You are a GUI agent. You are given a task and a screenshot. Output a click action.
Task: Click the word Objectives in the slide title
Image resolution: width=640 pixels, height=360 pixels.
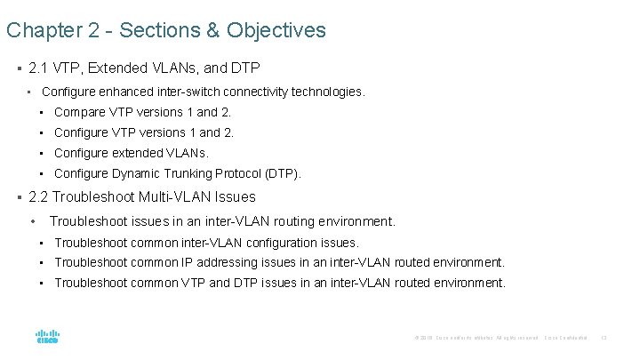[x=276, y=31]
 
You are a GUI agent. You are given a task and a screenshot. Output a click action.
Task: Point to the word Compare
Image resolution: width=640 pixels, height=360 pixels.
[x=80, y=112]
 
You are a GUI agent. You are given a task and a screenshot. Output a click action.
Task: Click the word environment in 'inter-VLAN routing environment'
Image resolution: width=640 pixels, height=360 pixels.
[x=353, y=221]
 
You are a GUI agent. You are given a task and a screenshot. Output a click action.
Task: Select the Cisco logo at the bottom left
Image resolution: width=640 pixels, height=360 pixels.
[x=47, y=338]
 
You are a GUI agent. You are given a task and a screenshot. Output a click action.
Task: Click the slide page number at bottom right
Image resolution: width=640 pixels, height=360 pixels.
[x=604, y=338]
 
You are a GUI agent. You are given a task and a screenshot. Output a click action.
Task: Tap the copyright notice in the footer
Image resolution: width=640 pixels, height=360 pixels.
[x=476, y=338]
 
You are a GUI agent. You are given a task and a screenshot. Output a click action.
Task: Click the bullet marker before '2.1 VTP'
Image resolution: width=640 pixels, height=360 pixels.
[x=19, y=68]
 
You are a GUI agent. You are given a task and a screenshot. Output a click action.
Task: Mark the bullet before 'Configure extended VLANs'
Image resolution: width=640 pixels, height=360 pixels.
[x=42, y=153]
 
